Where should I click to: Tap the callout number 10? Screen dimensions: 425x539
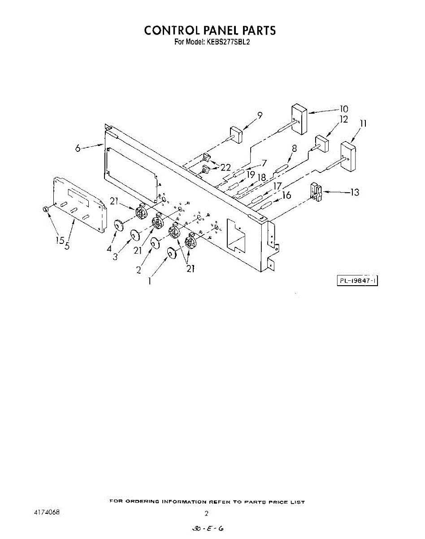(344, 109)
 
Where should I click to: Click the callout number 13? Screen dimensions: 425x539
(355, 193)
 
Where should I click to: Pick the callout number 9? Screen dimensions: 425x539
(260, 115)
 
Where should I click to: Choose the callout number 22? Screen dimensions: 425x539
(225, 168)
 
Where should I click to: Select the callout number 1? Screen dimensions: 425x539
(150, 282)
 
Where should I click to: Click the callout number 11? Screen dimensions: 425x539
(364, 123)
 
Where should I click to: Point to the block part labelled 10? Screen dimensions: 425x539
(299, 119)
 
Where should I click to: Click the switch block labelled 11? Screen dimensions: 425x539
(348, 156)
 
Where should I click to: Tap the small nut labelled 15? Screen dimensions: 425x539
(45, 209)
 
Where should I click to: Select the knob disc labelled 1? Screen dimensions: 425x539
(172, 254)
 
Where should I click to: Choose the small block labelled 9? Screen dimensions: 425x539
(236, 134)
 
